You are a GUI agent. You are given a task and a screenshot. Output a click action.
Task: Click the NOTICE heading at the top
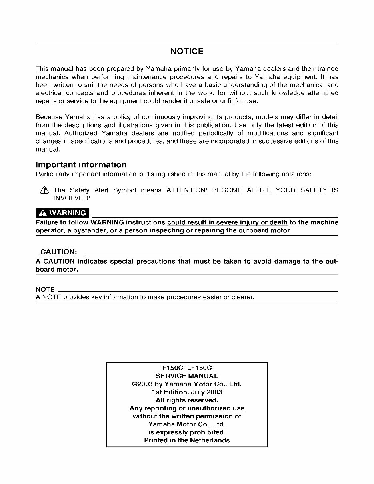click(x=187, y=52)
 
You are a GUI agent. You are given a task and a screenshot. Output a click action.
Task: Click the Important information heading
click(x=81, y=165)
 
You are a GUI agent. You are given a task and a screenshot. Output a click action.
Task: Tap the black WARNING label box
click(x=62, y=213)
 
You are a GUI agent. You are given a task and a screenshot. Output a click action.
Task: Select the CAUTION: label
click(x=58, y=252)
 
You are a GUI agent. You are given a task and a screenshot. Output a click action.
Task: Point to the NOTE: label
click(x=46, y=289)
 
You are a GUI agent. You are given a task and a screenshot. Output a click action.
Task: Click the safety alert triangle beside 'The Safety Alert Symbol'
click(x=44, y=190)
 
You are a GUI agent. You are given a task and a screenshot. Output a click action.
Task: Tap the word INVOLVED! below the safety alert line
click(x=72, y=198)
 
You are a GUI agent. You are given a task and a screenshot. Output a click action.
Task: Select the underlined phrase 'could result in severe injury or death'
click(x=227, y=222)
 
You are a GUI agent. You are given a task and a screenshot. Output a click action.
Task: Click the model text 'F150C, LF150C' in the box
click(x=187, y=368)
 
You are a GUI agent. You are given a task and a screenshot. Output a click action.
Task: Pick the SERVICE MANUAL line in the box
click(x=187, y=376)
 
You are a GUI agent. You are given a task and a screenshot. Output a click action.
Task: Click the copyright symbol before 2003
click(x=135, y=384)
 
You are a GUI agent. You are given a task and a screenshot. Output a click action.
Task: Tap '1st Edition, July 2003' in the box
click(x=187, y=392)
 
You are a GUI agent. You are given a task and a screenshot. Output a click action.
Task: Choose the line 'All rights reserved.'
click(x=187, y=400)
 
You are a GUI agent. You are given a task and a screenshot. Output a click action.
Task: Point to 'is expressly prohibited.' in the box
click(x=187, y=432)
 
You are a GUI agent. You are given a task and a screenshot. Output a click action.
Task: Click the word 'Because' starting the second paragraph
click(x=49, y=117)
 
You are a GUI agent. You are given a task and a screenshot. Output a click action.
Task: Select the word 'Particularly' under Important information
click(x=50, y=174)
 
